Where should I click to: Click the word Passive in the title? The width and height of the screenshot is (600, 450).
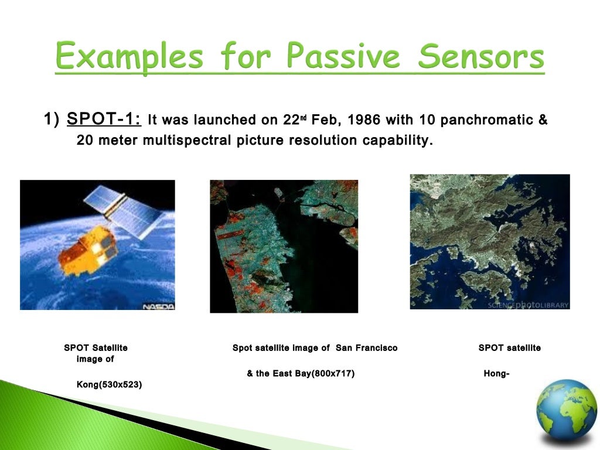343,56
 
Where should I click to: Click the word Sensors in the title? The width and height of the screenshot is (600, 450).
481,56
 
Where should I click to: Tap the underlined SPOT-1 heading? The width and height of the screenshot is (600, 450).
104,118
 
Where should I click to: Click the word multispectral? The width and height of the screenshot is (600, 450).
187,141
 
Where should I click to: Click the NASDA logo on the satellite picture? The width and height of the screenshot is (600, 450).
158,306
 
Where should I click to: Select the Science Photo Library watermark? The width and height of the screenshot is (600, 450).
528,305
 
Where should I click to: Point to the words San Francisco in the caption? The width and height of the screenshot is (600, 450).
367,348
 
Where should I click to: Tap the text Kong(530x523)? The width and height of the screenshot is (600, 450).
109,384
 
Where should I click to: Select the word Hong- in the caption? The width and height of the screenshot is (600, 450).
496,374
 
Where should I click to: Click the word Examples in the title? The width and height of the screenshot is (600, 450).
129,57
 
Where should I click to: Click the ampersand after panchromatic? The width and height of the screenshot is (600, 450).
543,120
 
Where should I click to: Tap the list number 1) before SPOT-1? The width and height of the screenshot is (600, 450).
52,119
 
